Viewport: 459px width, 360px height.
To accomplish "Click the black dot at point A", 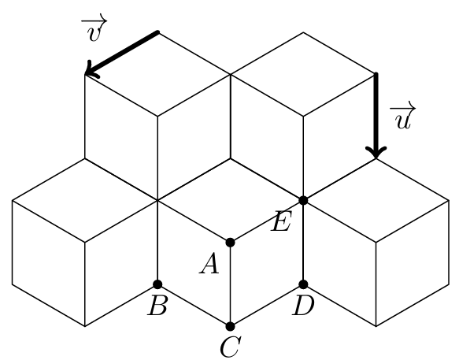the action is click(x=231, y=243).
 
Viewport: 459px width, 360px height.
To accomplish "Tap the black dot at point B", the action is click(x=157, y=284).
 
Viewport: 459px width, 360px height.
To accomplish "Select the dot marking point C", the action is click(x=231, y=326).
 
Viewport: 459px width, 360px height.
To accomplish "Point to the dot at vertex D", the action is click(x=303, y=284).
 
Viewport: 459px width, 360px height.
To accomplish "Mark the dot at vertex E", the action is click(x=303, y=200).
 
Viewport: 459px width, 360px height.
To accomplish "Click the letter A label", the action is click(x=209, y=264).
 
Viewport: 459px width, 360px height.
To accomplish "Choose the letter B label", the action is click(x=157, y=306).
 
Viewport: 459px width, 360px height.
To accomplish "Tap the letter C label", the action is click(x=231, y=347).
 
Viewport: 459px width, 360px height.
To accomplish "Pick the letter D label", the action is click(x=303, y=306).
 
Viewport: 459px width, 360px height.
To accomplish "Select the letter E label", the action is click(x=282, y=221).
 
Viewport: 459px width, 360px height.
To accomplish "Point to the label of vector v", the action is click(x=94, y=28).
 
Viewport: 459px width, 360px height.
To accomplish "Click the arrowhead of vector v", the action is click(x=91, y=70).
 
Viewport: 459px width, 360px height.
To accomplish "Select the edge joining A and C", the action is click(x=231, y=284).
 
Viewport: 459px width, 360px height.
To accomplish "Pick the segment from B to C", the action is click(x=194, y=305).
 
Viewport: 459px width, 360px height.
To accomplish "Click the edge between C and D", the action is click(x=267, y=305).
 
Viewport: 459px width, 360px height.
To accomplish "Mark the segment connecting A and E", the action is click(x=267, y=221).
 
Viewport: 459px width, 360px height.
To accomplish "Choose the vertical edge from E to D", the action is click(x=303, y=243).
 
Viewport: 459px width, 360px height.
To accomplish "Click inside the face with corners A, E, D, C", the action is click(x=267, y=263).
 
